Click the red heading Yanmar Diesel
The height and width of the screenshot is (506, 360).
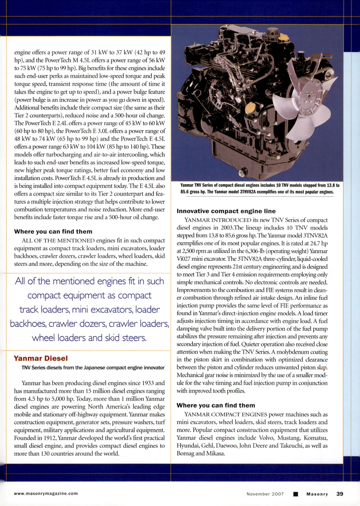[41, 358]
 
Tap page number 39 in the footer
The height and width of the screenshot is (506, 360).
[340, 494]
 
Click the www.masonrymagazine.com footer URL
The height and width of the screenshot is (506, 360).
[46, 494]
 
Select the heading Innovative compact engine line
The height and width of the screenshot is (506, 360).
[226, 211]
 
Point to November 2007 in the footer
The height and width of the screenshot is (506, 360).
[265, 494]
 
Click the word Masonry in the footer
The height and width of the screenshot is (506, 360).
[317, 494]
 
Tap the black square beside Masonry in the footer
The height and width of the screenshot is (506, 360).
[295, 494]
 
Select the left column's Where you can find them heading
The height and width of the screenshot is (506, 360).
[53, 232]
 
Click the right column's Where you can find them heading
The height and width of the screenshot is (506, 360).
[216, 405]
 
